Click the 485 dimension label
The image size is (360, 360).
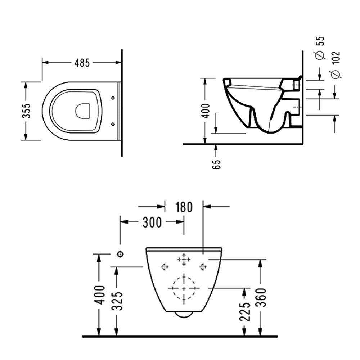point(82,63)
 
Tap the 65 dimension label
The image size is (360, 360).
point(216,164)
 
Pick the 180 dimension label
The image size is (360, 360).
point(184,207)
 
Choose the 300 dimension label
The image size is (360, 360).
point(152,222)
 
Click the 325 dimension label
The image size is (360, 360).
point(117,301)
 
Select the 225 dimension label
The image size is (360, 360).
point(244,311)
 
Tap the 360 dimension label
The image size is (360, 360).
point(261,298)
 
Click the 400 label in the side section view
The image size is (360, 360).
point(206,111)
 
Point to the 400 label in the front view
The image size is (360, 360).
point(100,295)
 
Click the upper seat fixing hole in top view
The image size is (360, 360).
point(113,98)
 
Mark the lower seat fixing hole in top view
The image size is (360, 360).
point(113,124)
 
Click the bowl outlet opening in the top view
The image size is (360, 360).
point(83,111)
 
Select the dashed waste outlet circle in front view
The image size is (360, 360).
point(184,288)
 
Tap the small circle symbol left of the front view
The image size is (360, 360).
point(120,254)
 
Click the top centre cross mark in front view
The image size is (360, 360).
point(184,260)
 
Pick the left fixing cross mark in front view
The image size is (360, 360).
point(165,267)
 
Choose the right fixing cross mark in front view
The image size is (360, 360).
point(203,267)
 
